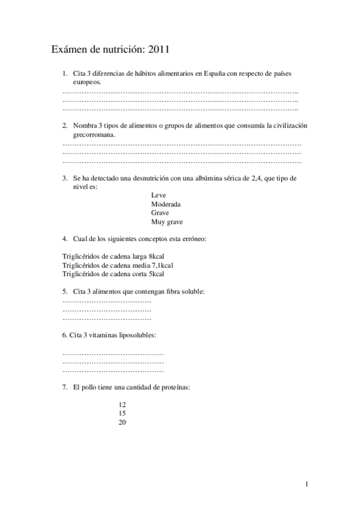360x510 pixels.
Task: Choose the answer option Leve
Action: point(159,195)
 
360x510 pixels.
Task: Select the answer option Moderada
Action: point(166,204)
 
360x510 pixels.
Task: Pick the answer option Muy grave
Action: point(167,221)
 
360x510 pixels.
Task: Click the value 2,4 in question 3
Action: point(257,179)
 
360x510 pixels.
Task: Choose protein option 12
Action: point(123,405)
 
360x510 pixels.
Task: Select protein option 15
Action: point(123,413)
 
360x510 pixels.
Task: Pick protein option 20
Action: point(123,422)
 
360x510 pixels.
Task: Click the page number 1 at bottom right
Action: point(307,484)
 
